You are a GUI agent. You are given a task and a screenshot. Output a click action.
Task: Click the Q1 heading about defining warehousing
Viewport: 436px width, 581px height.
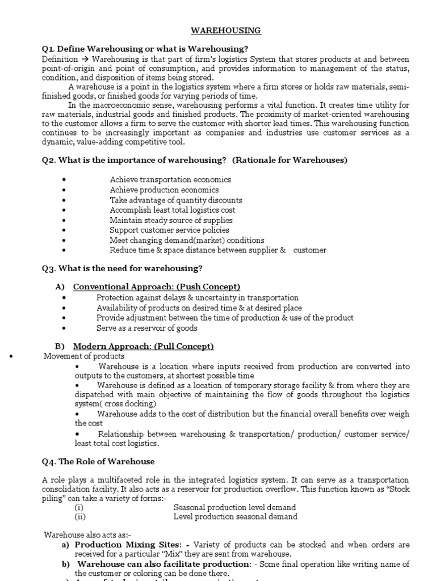pyautogui.click(x=145, y=49)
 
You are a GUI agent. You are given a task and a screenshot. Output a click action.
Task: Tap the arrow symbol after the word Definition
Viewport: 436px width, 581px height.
pyautogui.click(x=85, y=59)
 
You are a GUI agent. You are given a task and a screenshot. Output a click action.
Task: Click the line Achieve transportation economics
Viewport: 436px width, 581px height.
pyautogui.click(x=170, y=179)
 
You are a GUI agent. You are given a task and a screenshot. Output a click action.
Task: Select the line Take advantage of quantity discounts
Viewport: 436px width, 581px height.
pyautogui.click(x=176, y=200)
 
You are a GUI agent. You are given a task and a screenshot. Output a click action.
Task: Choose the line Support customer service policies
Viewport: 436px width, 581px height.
pyautogui.click(x=170, y=230)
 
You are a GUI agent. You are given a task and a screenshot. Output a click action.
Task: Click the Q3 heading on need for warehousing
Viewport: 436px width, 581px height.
pyautogui.click(x=122, y=268)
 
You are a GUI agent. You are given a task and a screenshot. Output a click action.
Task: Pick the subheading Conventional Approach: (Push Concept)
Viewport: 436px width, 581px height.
pyautogui.click(x=157, y=287)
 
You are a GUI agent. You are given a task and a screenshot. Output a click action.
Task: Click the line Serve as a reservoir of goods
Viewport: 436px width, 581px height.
pyautogui.click(x=147, y=328)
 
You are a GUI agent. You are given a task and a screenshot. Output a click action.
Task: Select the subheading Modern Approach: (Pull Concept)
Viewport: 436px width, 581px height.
pyautogui.click(x=144, y=346)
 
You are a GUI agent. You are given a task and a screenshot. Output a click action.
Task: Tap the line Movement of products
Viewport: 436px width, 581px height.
pyautogui.click(x=84, y=356)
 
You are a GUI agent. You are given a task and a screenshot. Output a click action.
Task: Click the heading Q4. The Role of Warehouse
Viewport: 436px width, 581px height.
pyautogui.click(x=98, y=461)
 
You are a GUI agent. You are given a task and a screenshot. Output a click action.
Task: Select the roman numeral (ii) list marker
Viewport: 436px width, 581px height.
pyautogui.click(x=80, y=516)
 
